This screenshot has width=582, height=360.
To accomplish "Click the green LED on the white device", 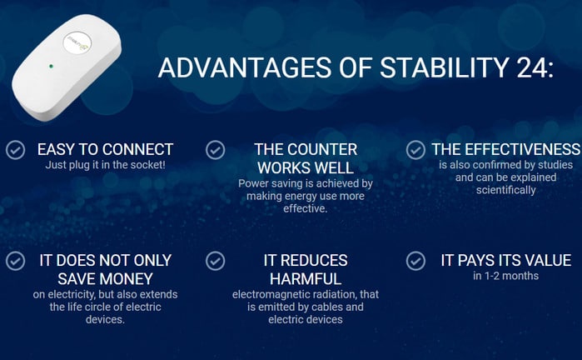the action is click(x=51, y=66).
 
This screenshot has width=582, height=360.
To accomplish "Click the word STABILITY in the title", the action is click(x=444, y=67).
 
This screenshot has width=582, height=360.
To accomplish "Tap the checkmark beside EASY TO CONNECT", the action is click(x=16, y=150).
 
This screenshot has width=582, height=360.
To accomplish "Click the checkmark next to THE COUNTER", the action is click(x=216, y=150).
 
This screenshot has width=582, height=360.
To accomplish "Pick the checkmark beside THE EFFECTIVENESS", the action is click(x=415, y=150).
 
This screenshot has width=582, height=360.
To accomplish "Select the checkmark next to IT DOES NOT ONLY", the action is click(x=16, y=261).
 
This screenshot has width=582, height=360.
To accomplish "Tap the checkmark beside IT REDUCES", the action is click(x=216, y=261).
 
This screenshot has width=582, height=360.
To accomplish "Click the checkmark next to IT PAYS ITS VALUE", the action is click(x=415, y=261).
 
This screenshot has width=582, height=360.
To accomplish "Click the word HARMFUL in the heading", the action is click(x=306, y=279).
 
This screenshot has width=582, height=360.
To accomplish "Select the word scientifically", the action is click(x=506, y=190).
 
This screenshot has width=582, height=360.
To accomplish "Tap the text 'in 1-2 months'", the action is click(x=506, y=276).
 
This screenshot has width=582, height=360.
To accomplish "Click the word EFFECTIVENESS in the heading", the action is click(x=523, y=149).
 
